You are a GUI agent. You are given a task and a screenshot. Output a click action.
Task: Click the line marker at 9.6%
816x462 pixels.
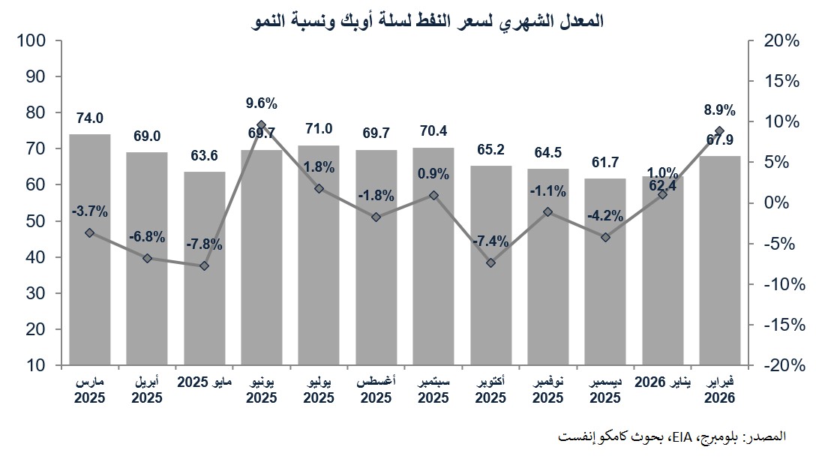pos(261,124)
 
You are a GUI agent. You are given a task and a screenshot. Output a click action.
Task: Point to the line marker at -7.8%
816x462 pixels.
pos(204,265)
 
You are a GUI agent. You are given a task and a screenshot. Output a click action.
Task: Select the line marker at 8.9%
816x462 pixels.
pos(719,130)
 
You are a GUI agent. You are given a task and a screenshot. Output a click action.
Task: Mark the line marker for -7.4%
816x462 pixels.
pos(491,262)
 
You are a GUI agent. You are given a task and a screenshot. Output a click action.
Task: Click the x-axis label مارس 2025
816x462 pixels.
pos(89,388)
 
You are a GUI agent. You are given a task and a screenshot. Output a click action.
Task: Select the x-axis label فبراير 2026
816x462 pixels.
pos(719,388)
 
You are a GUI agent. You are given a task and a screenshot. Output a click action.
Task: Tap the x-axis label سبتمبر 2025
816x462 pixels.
pos(433,388)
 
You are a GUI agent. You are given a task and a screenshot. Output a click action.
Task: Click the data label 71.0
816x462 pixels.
pos(319,129)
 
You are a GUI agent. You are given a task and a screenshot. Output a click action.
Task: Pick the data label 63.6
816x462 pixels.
pos(204,156)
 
